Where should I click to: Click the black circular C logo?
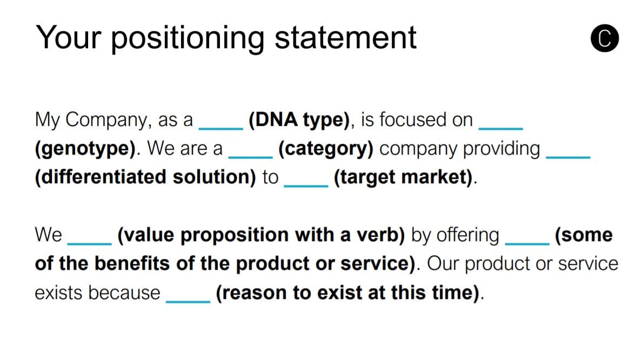click(x=605, y=38)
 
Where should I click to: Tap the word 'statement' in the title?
click(x=345, y=38)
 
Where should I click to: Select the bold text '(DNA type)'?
click(x=299, y=120)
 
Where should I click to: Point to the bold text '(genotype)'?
click(x=85, y=149)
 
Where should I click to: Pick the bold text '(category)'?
click(x=326, y=149)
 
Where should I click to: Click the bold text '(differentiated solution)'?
click(x=145, y=177)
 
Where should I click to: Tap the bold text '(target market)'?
click(x=403, y=177)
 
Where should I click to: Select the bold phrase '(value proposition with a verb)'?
click(x=261, y=235)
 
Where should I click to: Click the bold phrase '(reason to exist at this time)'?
click(x=347, y=293)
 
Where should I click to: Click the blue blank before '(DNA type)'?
click(x=220, y=129)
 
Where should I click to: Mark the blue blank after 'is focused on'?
click(x=501, y=129)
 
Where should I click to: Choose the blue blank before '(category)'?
click(x=250, y=158)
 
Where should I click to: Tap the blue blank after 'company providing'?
click(x=568, y=157)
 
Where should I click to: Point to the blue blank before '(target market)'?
click(x=306, y=186)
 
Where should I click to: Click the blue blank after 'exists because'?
click(x=188, y=302)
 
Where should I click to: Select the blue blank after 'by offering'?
click(x=527, y=244)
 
